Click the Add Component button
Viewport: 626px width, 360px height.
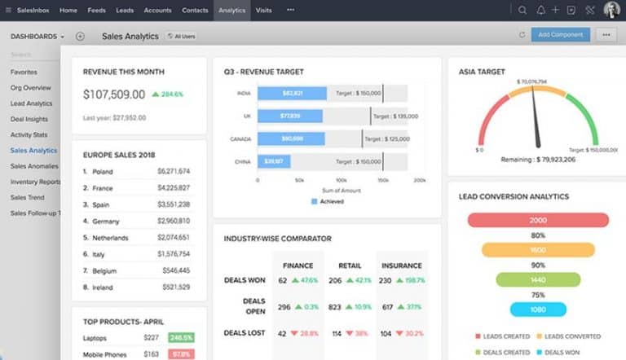(x=561, y=35)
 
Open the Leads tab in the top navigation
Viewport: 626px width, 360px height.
(x=125, y=10)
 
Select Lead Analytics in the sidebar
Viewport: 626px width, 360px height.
(x=32, y=103)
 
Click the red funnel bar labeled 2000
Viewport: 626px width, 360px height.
(x=538, y=220)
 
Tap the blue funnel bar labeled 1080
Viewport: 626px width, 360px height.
(x=538, y=310)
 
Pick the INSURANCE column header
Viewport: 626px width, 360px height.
(x=401, y=266)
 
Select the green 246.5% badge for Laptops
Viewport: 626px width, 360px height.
(x=180, y=337)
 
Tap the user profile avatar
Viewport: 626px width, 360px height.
(x=611, y=10)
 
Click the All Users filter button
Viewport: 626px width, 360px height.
(x=180, y=36)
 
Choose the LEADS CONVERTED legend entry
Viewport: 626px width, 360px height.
(x=571, y=336)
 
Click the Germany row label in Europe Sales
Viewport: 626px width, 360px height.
(x=105, y=222)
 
